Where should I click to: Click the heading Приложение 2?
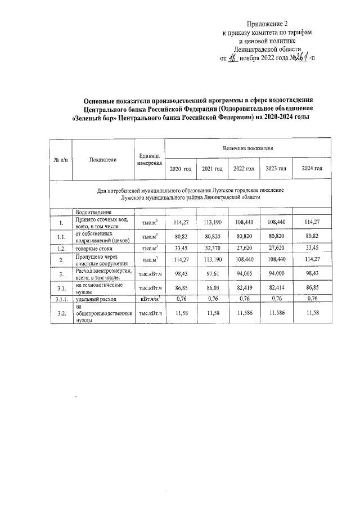[x=267, y=24]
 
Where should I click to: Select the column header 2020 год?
[x=181, y=169]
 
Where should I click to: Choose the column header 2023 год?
[x=276, y=169]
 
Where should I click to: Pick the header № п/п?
[x=61, y=160]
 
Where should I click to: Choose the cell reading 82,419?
[x=244, y=287]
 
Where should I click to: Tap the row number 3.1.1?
[x=61, y=299]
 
